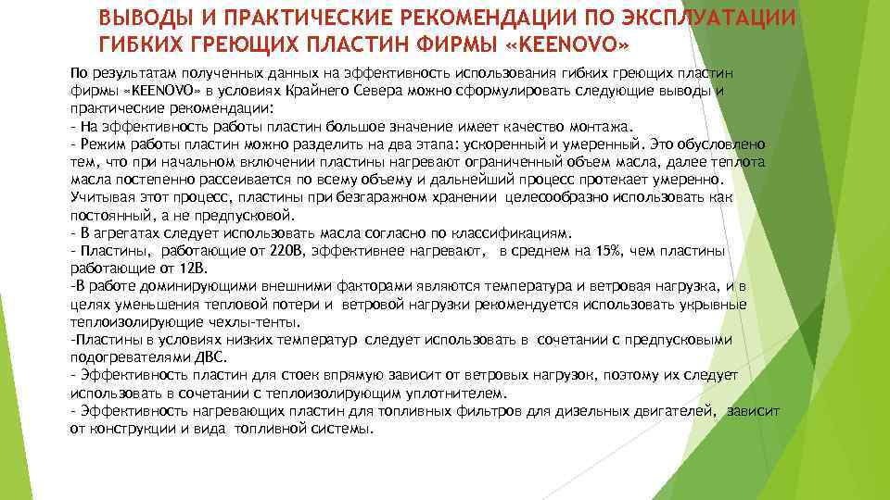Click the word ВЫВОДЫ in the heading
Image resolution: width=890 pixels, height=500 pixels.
[x=147, y=19]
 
